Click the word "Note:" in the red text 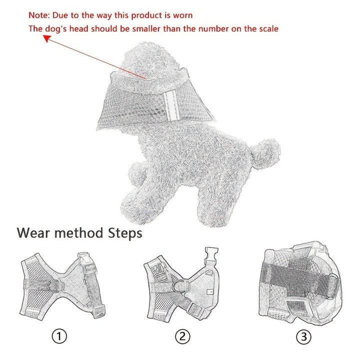[39, 15]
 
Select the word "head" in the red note [79, 28]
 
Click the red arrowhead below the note [47, 38]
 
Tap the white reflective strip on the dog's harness [171, 104]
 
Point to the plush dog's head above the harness [150, 61]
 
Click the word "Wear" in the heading [33, 233]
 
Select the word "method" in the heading [79, 233]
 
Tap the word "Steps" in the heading [125, 233]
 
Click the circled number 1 [59, 336]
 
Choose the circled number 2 [182, 336]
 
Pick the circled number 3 [303, 337]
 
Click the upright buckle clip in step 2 [211, 255]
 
